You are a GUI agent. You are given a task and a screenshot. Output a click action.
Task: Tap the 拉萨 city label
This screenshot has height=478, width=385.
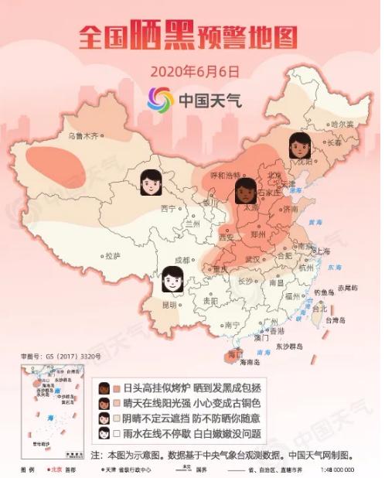click(113, 255)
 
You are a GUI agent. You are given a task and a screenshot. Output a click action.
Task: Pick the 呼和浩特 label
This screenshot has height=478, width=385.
click(227, 176)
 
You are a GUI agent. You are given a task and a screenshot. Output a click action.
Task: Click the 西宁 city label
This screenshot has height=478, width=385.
click(169, 208)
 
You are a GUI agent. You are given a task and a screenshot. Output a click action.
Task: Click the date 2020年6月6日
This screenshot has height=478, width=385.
click(192, 71)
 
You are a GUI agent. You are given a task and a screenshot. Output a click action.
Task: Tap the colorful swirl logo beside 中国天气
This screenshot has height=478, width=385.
click(160, 99)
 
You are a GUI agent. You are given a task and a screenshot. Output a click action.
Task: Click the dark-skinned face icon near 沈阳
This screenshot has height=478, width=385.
click(299, 145)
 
